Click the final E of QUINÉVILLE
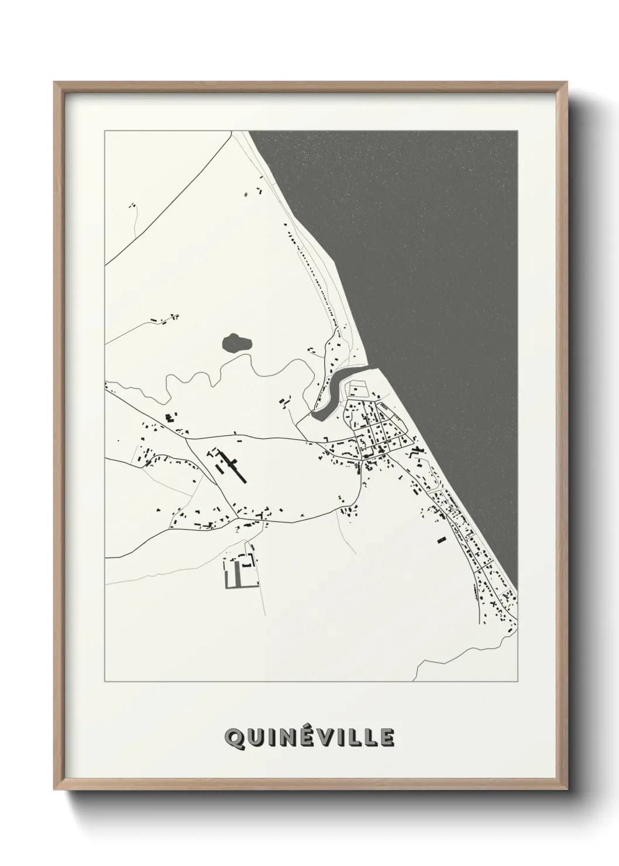387,738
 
